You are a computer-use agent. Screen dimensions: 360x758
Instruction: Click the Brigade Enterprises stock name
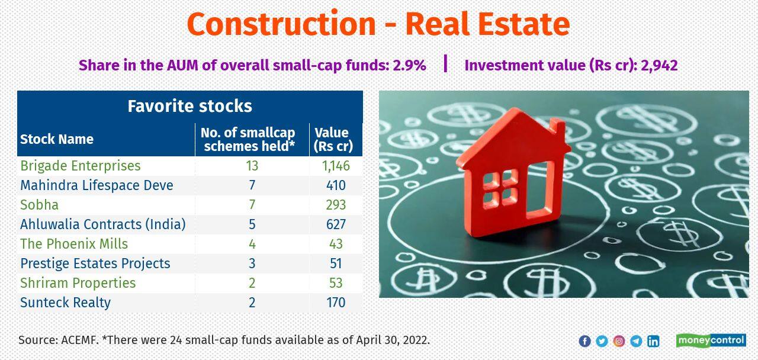[x=81, y=166]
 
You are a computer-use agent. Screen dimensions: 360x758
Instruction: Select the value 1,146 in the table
[x=336, y=166]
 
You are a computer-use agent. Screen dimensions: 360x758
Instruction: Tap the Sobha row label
[x=39, y=205]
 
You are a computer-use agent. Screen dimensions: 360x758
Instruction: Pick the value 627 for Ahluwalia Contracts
[x=336, y=224]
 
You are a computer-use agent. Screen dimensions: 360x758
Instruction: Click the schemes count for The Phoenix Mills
[x=252, y=244]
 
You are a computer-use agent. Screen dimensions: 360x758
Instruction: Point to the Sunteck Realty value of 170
[x=336, y=303]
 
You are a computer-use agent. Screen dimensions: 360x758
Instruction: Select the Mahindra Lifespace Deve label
[x=97, y=185]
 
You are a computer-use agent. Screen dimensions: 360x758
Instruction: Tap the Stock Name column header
[x=57, y=139]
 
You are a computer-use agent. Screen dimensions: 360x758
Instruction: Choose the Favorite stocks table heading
[x=189, y=106]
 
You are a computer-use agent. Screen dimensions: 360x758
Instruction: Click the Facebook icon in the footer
[x=584, y=341]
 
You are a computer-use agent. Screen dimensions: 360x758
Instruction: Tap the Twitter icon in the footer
[x=602, y=341]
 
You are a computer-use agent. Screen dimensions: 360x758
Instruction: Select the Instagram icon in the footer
[x=619, y=341]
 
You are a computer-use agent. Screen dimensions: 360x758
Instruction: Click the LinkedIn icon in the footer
[x=653, y=341]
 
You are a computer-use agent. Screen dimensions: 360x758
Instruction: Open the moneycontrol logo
[x=711, y=340]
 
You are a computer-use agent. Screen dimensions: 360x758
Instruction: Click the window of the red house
[x=500, y=189]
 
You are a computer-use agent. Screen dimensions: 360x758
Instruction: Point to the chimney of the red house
[x=557, y=127]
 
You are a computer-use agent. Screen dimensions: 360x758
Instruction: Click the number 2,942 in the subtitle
[x=659, y=65]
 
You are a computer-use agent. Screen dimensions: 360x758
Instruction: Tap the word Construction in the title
[x=281, y=25]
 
